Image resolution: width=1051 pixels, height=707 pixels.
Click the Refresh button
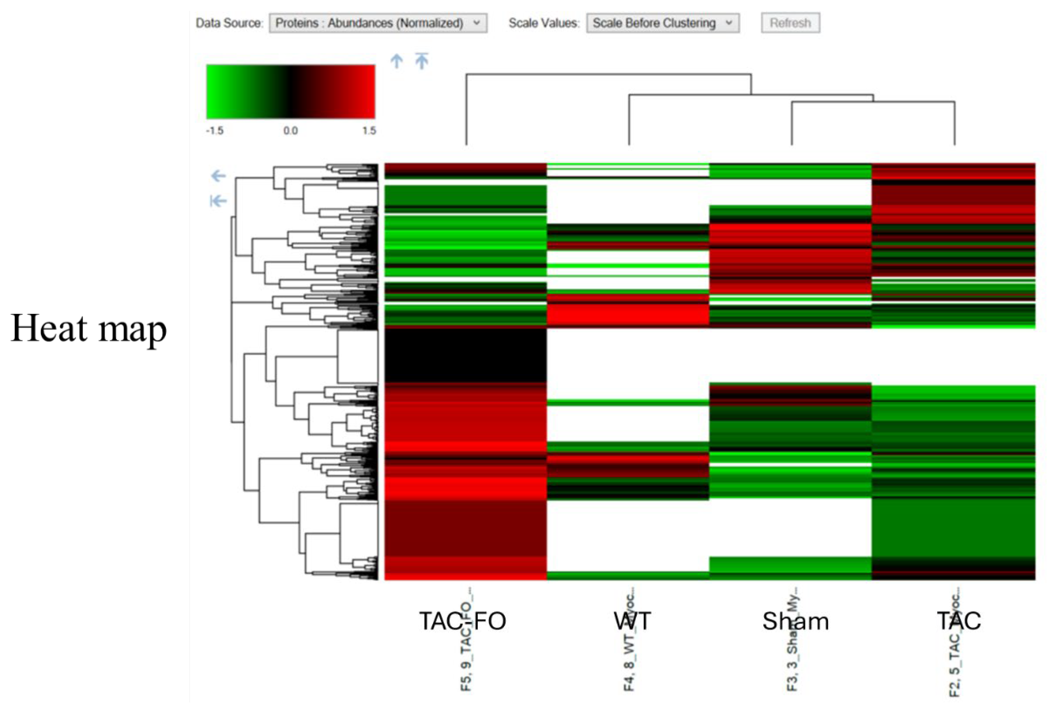tap(790, 23)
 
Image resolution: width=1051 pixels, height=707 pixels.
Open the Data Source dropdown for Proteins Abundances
tap(378, 23)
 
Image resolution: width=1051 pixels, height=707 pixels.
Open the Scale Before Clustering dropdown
tap(662, 23)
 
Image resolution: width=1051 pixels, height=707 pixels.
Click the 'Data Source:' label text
tap(229, 23)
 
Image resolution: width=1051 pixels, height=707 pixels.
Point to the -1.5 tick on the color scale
tap(215, 131)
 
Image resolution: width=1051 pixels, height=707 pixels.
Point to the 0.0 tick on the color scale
tap(290, 131)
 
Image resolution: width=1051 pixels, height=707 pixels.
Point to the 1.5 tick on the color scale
tap(369, 131)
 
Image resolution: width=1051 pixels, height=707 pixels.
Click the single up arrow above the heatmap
tap(397, 61)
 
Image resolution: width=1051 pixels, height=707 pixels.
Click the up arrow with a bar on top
tap(421, 61)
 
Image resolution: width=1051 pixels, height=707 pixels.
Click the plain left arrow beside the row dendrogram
tap(218, 176)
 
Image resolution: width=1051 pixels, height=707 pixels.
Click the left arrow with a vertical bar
tap(218, 201)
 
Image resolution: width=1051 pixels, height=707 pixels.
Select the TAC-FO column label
tap(463, 621)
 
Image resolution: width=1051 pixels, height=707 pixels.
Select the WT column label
tap(632, 621)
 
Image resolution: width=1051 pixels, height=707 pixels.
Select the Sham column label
tap(795, 621)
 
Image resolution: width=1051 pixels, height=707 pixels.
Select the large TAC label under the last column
tap(959, 621)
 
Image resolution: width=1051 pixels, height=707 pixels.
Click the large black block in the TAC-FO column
tap(465, 355)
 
